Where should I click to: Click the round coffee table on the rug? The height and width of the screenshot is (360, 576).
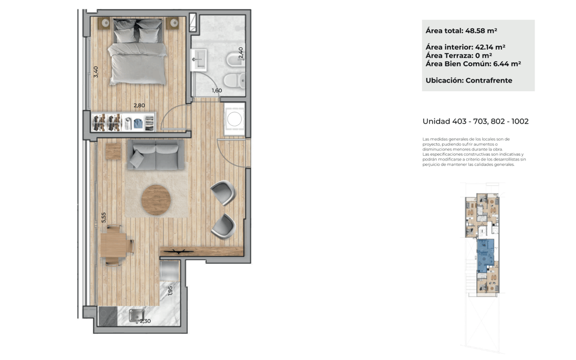pos(156,200)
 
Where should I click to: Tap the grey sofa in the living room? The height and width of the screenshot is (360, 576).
pos(156,155)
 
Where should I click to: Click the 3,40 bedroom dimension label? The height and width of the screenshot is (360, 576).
pos(96,71)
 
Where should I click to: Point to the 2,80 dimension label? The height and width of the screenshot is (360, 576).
pos(139,106)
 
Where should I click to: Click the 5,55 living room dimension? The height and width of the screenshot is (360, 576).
pos(103,218)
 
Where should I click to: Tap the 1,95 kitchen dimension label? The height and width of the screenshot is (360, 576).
pos(170,291)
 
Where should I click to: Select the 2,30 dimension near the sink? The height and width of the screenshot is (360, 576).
pos(145,321)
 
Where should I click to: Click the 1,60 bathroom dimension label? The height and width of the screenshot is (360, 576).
pos(217,90)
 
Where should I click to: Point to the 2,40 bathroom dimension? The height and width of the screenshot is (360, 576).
pos(241,53)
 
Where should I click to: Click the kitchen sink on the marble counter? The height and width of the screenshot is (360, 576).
pos(137,316)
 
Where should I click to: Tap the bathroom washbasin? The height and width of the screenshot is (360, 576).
pos(199,60)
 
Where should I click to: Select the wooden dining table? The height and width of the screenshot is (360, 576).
pos(114,245)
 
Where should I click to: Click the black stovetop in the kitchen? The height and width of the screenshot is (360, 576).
pos(108,316)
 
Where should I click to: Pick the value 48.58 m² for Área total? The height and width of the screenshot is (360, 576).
pos(481,31)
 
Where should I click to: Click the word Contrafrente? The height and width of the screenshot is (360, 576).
pos(489,81)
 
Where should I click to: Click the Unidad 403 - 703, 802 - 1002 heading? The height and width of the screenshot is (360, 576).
pos(476,121)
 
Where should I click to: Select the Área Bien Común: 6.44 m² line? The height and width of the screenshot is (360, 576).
pos(473,64)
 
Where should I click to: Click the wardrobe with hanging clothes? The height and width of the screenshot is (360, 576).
pos(123,122)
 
